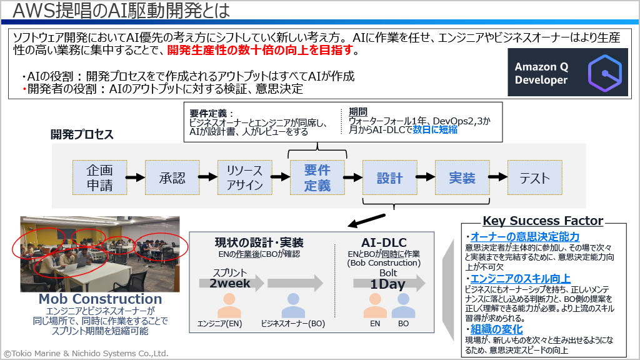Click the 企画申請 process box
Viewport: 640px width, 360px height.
[99, 177]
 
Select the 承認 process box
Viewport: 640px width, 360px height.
[172, 177]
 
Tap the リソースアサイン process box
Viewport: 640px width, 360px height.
[244, 177]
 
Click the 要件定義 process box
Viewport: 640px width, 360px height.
[317, 177]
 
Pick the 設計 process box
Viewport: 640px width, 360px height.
[389, 177]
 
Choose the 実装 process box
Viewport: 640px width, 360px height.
[462, 177]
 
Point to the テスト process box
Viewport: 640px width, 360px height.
[535, 177]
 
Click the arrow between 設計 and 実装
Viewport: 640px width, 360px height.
[426, 177]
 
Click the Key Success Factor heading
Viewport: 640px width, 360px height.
[542, 221]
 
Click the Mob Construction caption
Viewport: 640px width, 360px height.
[100, 299]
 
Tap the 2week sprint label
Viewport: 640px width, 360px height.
[229, 283]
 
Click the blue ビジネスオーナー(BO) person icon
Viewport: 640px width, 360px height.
[293, 305]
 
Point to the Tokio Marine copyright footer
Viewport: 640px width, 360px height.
[86, 353]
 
